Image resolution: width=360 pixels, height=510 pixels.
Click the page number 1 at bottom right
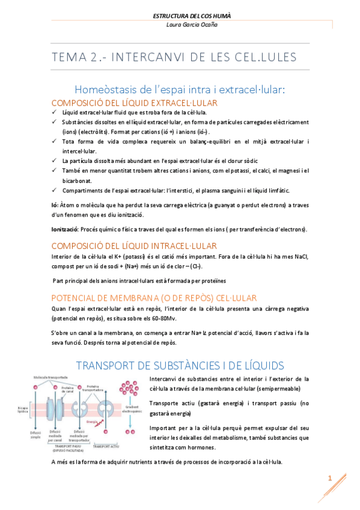pyautogui.click(x=330, y=478)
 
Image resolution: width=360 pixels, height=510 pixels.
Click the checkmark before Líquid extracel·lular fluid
pyautogui.click(x=54, y=112)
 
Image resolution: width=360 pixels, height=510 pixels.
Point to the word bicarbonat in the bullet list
pyautogui.click(x=79, y=180)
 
